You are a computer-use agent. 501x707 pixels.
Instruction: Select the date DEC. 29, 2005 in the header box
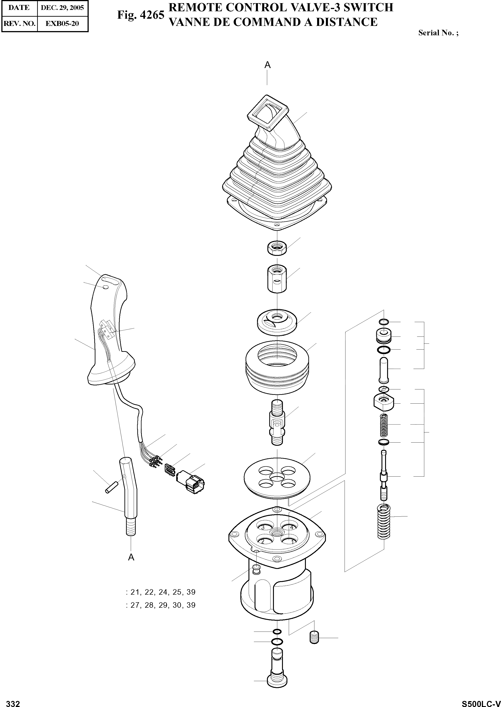(x=62, y=8)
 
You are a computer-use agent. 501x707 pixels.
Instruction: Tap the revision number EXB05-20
(x=62, y=23)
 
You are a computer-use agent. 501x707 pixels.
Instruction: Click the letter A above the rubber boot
(x=267, y=65)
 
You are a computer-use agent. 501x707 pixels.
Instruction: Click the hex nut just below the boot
(x=277, y=247)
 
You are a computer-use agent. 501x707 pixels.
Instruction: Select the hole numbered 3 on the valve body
(x=262, y=527)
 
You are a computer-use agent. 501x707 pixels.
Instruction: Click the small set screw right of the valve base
(x=314, y=637)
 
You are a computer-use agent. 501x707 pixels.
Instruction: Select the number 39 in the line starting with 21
(x=191, y=592)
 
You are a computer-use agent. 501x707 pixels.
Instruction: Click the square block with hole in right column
(x=384, y=402)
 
